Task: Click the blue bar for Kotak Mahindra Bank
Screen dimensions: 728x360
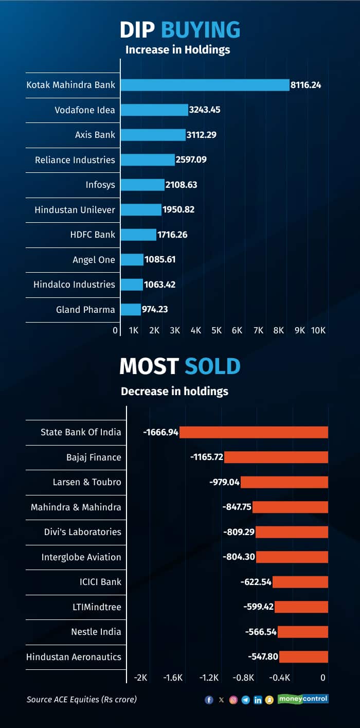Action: click(x=205, y=85)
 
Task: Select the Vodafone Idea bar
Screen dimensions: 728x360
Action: click(x=154, y=110)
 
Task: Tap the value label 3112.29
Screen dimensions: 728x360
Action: click(x=202, y=135)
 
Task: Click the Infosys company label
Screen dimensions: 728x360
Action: click(x=100, y=185)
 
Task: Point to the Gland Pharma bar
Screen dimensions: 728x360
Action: click(x=131, y=310)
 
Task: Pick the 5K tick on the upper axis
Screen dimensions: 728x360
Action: click(x=217, y=330)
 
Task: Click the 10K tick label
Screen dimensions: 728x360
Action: click(x=318, y=330)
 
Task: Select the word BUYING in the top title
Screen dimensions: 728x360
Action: click(x=201, y=30)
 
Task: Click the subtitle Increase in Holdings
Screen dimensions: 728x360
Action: click(x=177, y=50)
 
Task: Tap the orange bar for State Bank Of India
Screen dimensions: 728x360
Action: click(x=254, y=432)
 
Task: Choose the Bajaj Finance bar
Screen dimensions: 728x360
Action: click(x=276, y=457)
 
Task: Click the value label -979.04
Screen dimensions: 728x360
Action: click(x=224, y=482)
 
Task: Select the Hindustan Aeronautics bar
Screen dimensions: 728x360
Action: click(x=303, y=657)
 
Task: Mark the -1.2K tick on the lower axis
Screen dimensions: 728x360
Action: click(x=209, y=678)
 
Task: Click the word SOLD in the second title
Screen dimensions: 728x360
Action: click(x=212, y=366)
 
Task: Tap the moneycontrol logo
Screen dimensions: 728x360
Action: click(x=303, y=699)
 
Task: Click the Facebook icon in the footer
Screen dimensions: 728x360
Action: click(x=209, y=700)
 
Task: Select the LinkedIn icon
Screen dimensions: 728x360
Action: click(x=258, y=700)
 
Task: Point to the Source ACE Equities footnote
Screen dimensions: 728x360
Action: click(x=82, y=699)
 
